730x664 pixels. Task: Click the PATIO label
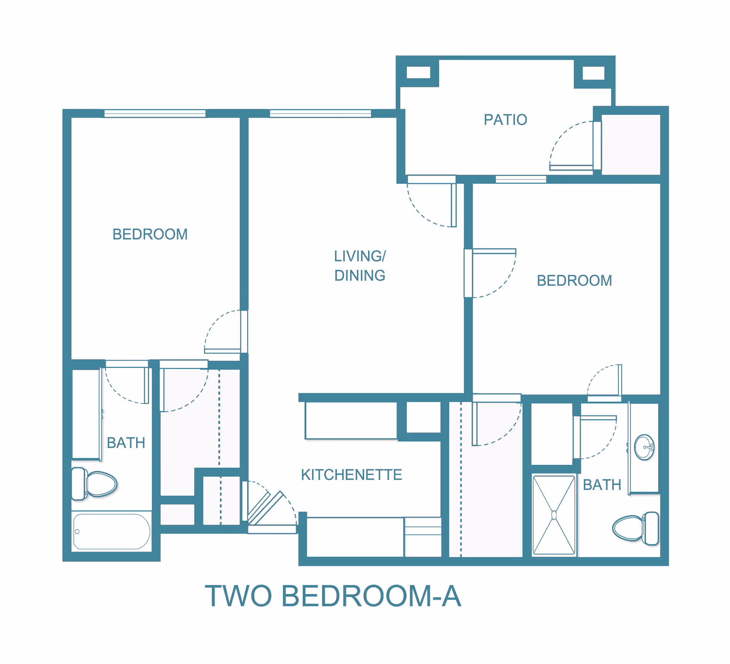tap(505, 120)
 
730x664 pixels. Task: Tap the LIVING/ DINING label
tap(360, 266)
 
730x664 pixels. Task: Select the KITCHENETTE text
tap(351, 475)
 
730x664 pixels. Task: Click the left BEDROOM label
tap(150, 234)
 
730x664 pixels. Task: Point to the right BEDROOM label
tap(574, 280)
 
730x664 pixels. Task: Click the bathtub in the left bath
tap(111, 531)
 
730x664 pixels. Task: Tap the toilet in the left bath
tap(95, 484)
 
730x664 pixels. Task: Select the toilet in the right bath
tap(635, 528)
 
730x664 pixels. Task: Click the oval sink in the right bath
tap(644, 447)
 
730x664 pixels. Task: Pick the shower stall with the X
tap(554, 515)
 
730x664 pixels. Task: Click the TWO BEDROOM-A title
tap(333, 596)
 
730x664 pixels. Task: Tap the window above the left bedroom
tap(155, 113)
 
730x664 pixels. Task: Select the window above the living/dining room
tap(320, 113)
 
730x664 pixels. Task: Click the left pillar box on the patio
tap(418, 72)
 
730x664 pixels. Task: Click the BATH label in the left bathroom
tap(126, 443)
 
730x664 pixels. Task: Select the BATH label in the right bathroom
tap(602, 485)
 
